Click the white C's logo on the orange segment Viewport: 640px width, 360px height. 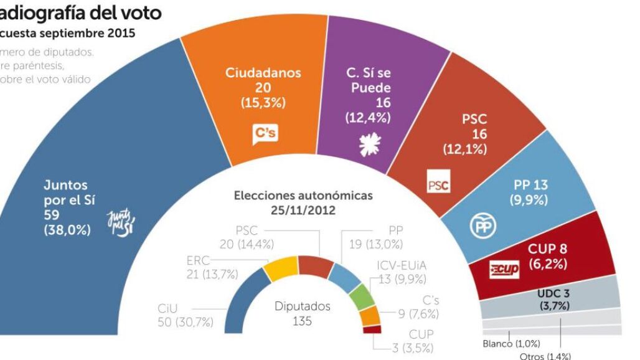265,134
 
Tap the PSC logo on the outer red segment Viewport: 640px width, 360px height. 438,185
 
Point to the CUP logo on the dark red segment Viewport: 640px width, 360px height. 504,270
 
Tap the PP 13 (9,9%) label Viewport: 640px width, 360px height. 530,192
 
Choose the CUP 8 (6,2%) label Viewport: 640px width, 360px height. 547,257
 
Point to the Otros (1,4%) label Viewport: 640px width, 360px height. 545,356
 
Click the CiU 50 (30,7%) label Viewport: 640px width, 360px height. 185,315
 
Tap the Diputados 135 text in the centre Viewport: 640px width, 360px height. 303,314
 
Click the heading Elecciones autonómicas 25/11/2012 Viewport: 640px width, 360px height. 303,202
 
